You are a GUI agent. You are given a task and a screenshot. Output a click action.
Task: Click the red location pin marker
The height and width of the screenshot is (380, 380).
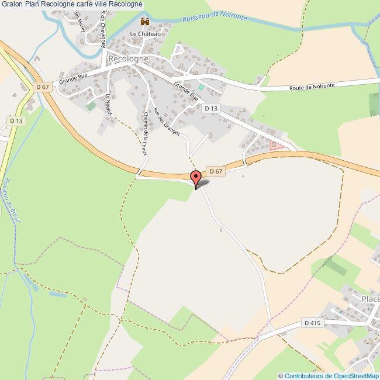(x=196, y=177)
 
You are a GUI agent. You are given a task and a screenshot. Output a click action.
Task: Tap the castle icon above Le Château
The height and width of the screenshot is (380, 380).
(x=144, y=22)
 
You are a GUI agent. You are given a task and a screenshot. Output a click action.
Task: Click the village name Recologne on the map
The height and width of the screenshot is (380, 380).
(x=128, y=60)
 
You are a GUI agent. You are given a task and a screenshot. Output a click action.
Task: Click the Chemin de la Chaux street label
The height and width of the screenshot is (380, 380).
(x=144, y=134)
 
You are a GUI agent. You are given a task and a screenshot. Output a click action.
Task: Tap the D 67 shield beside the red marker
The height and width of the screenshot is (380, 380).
(x=216, y=171)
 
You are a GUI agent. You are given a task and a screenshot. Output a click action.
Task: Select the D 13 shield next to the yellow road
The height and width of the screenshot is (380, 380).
(x=16, y=120)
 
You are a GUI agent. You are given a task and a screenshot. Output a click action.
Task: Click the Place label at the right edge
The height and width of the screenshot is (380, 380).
(x=370, y=299)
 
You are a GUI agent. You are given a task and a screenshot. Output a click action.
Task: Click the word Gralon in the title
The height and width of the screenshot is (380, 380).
(x=12, y=5)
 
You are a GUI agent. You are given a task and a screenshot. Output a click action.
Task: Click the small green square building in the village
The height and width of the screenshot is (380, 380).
(x=202, y=87)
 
